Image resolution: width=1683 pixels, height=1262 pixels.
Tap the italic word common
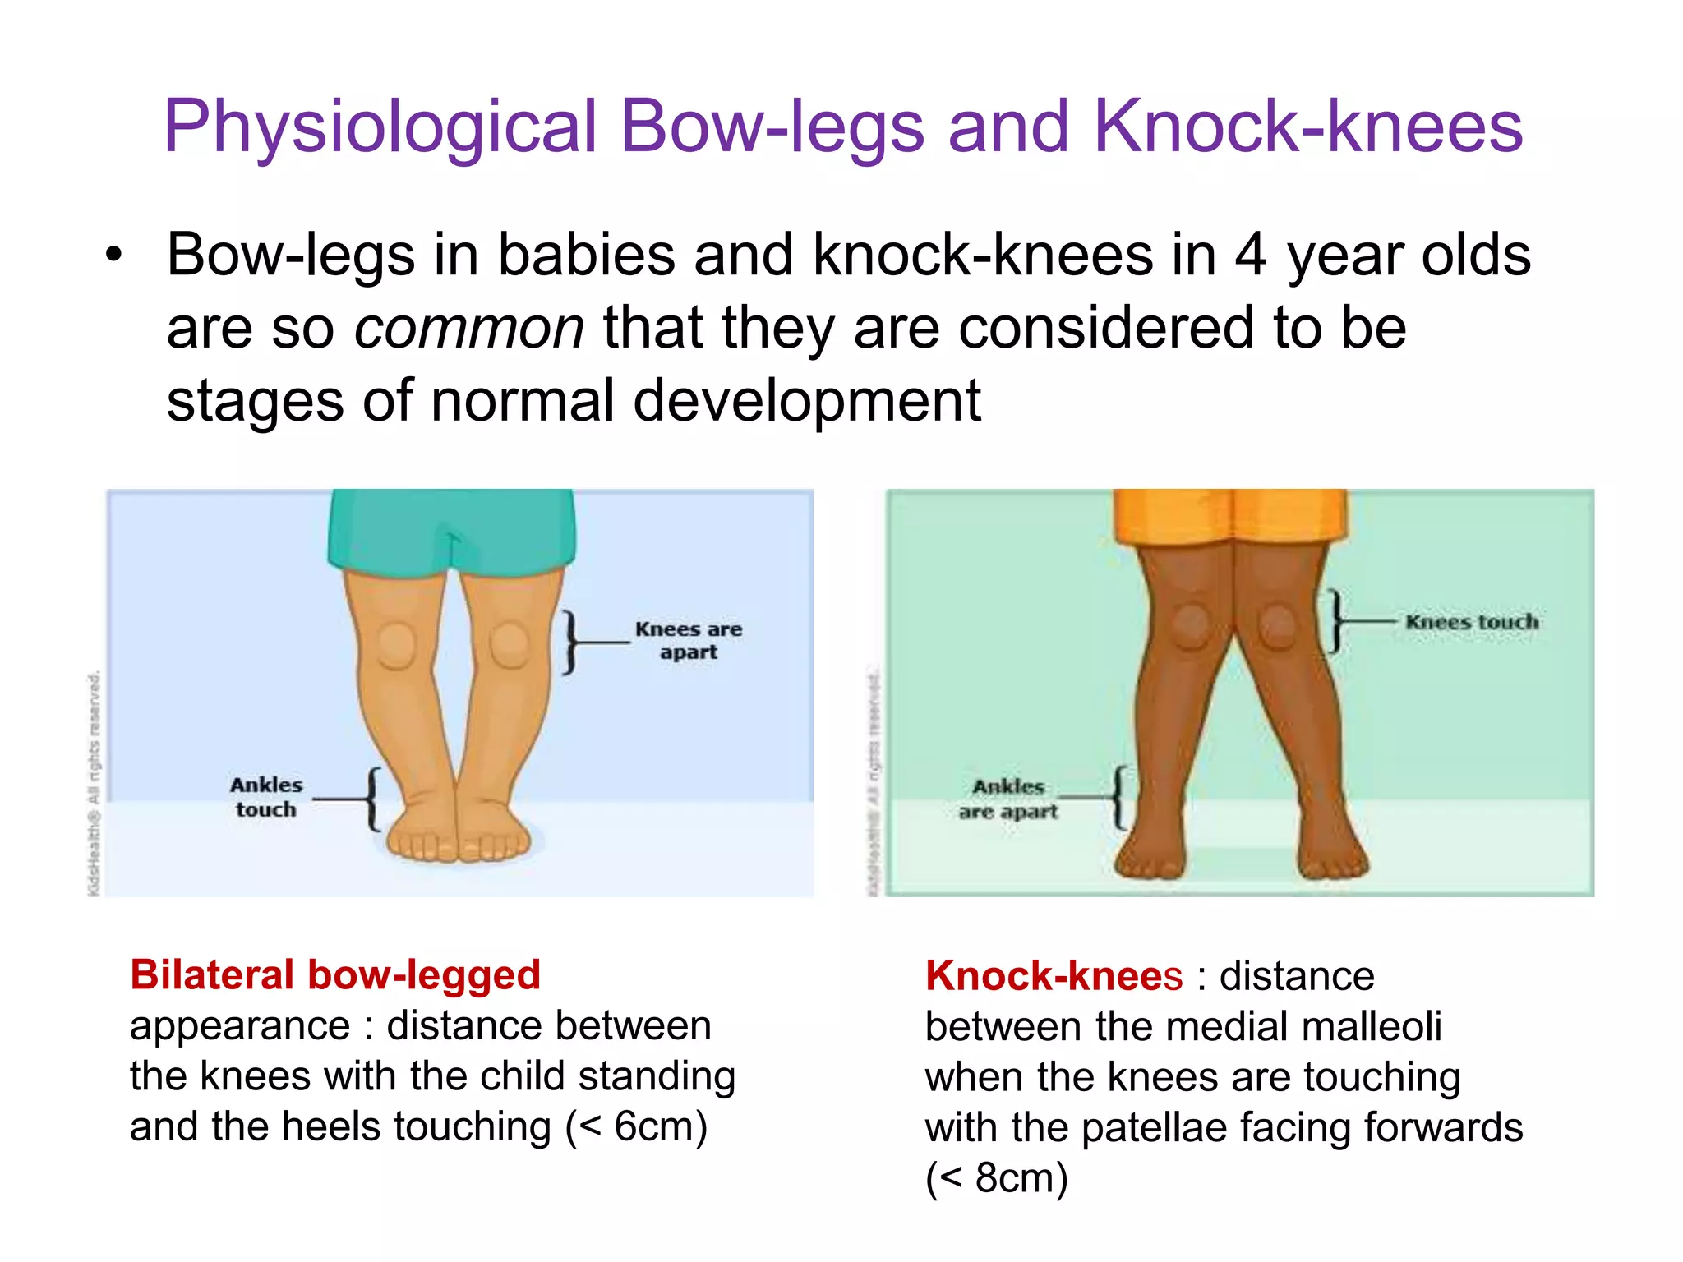(469, 328)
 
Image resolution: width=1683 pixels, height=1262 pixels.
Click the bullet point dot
(113, 255)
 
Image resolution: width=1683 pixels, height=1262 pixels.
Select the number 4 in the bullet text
(1250, 255)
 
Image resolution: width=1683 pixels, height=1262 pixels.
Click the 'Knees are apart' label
(688, 641)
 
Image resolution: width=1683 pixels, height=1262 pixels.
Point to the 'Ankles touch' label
(266, 797)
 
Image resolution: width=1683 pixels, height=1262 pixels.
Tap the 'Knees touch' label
(1472, 622)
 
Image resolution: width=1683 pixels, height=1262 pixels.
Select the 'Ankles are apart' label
(1008, 799)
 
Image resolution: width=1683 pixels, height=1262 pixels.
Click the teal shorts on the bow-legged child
(451, 526)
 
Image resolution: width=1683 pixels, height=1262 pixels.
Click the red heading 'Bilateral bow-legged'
(335, 975)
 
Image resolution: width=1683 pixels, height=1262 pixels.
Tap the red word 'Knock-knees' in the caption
(1054, 976)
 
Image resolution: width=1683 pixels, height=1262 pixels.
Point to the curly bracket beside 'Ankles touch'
(374, 799)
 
